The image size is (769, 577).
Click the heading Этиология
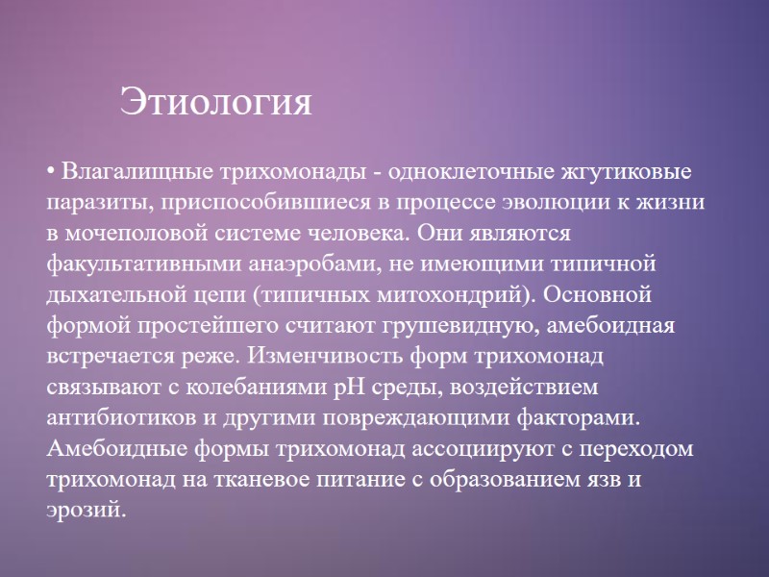tap(216, 102)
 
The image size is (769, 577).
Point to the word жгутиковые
tap(631, 174)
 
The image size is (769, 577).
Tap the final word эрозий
tap(85, 509)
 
